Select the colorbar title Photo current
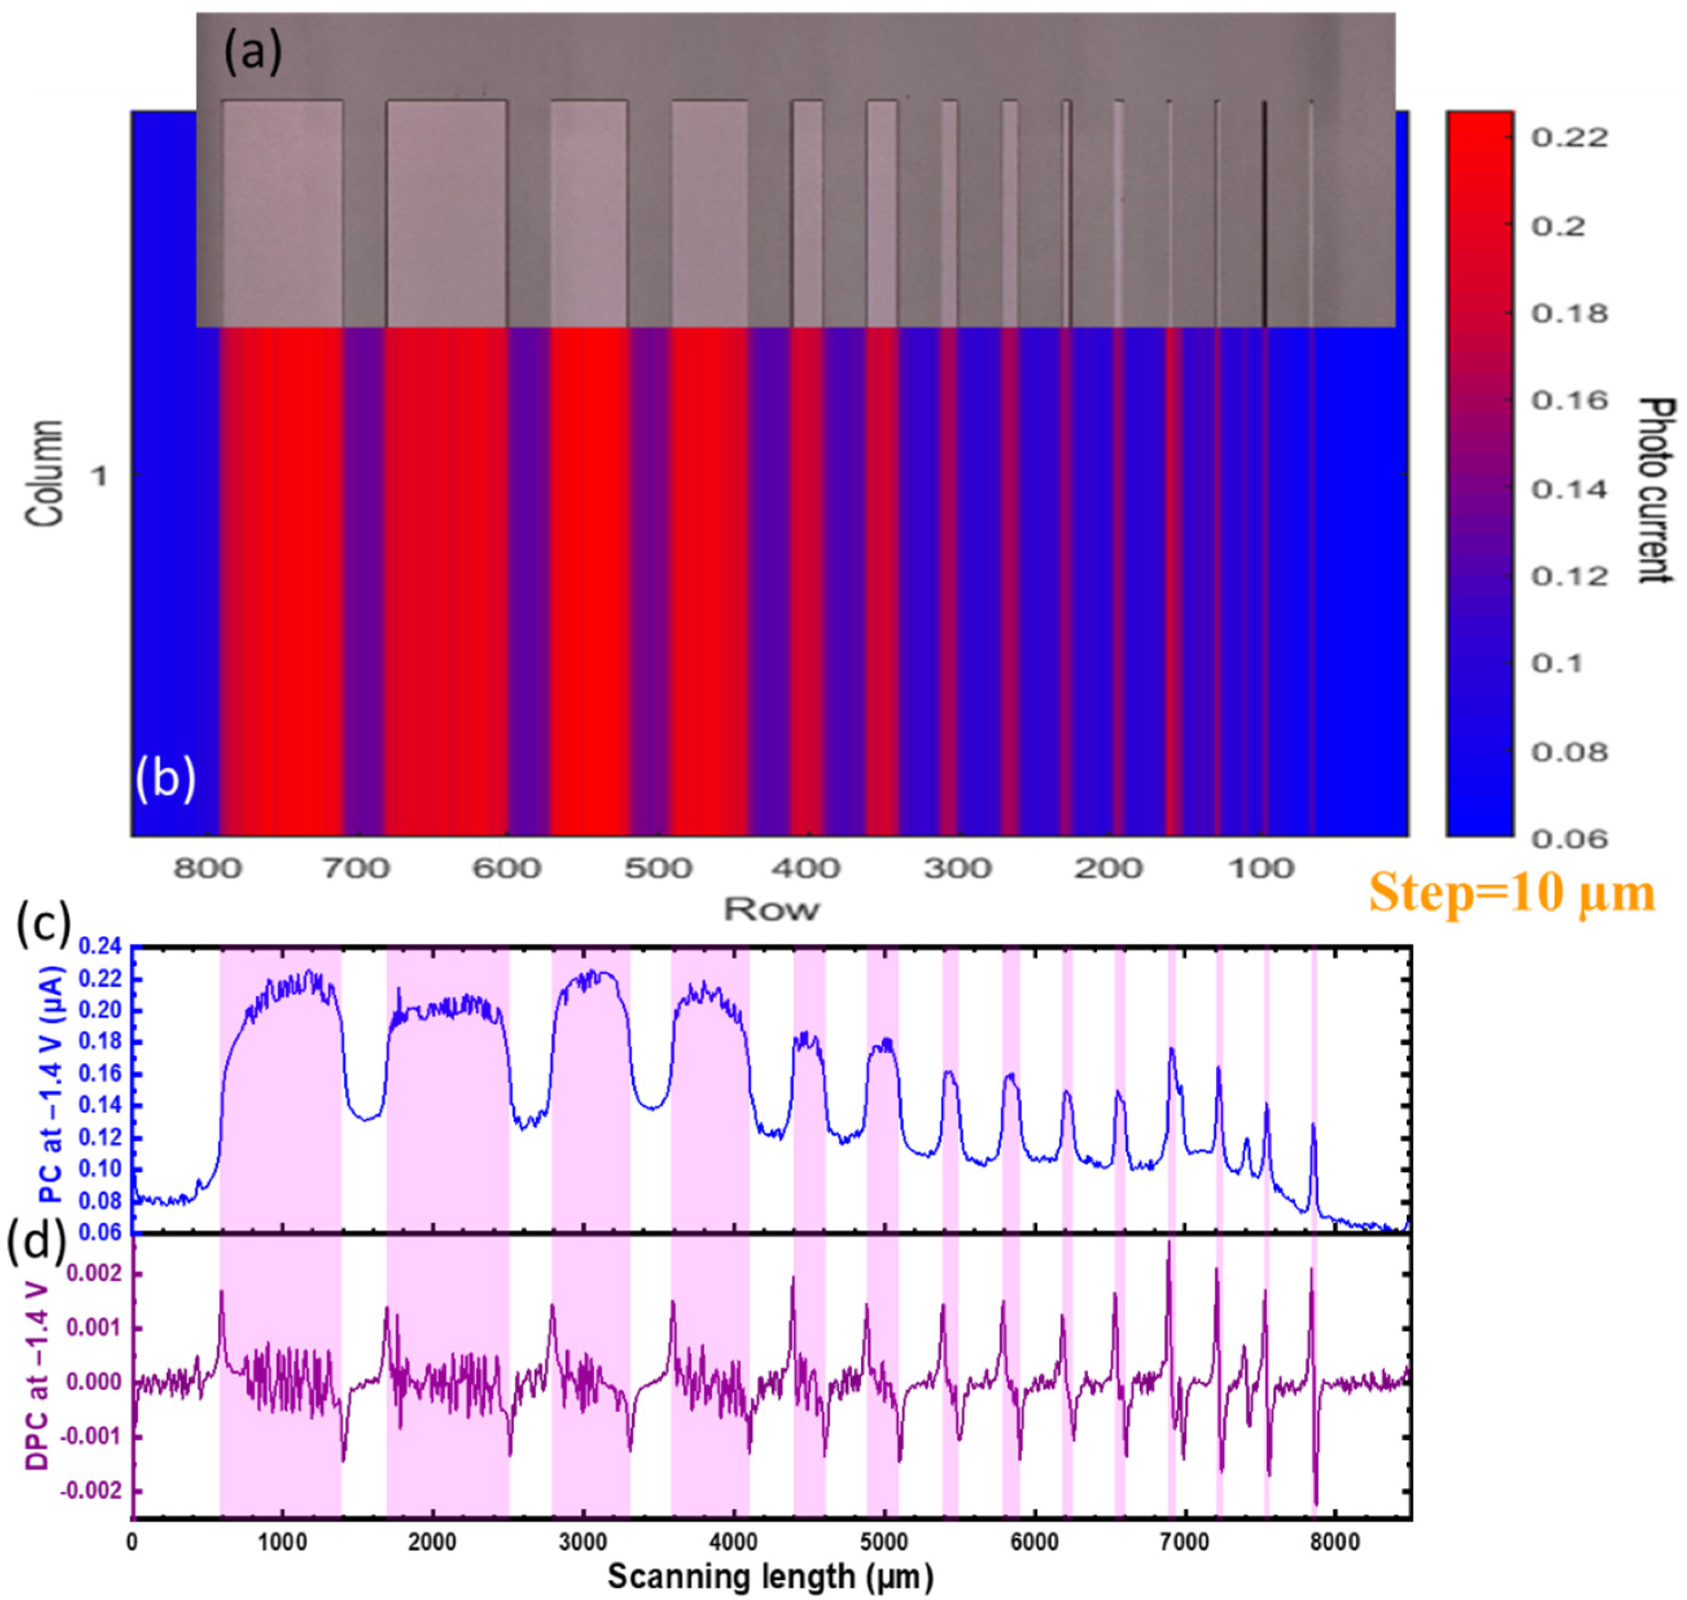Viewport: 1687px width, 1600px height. click(x=1655, y=491)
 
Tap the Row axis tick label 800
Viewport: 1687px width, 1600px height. click(x=207, y=869)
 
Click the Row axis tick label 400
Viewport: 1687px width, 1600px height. click(x=807, y=869)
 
